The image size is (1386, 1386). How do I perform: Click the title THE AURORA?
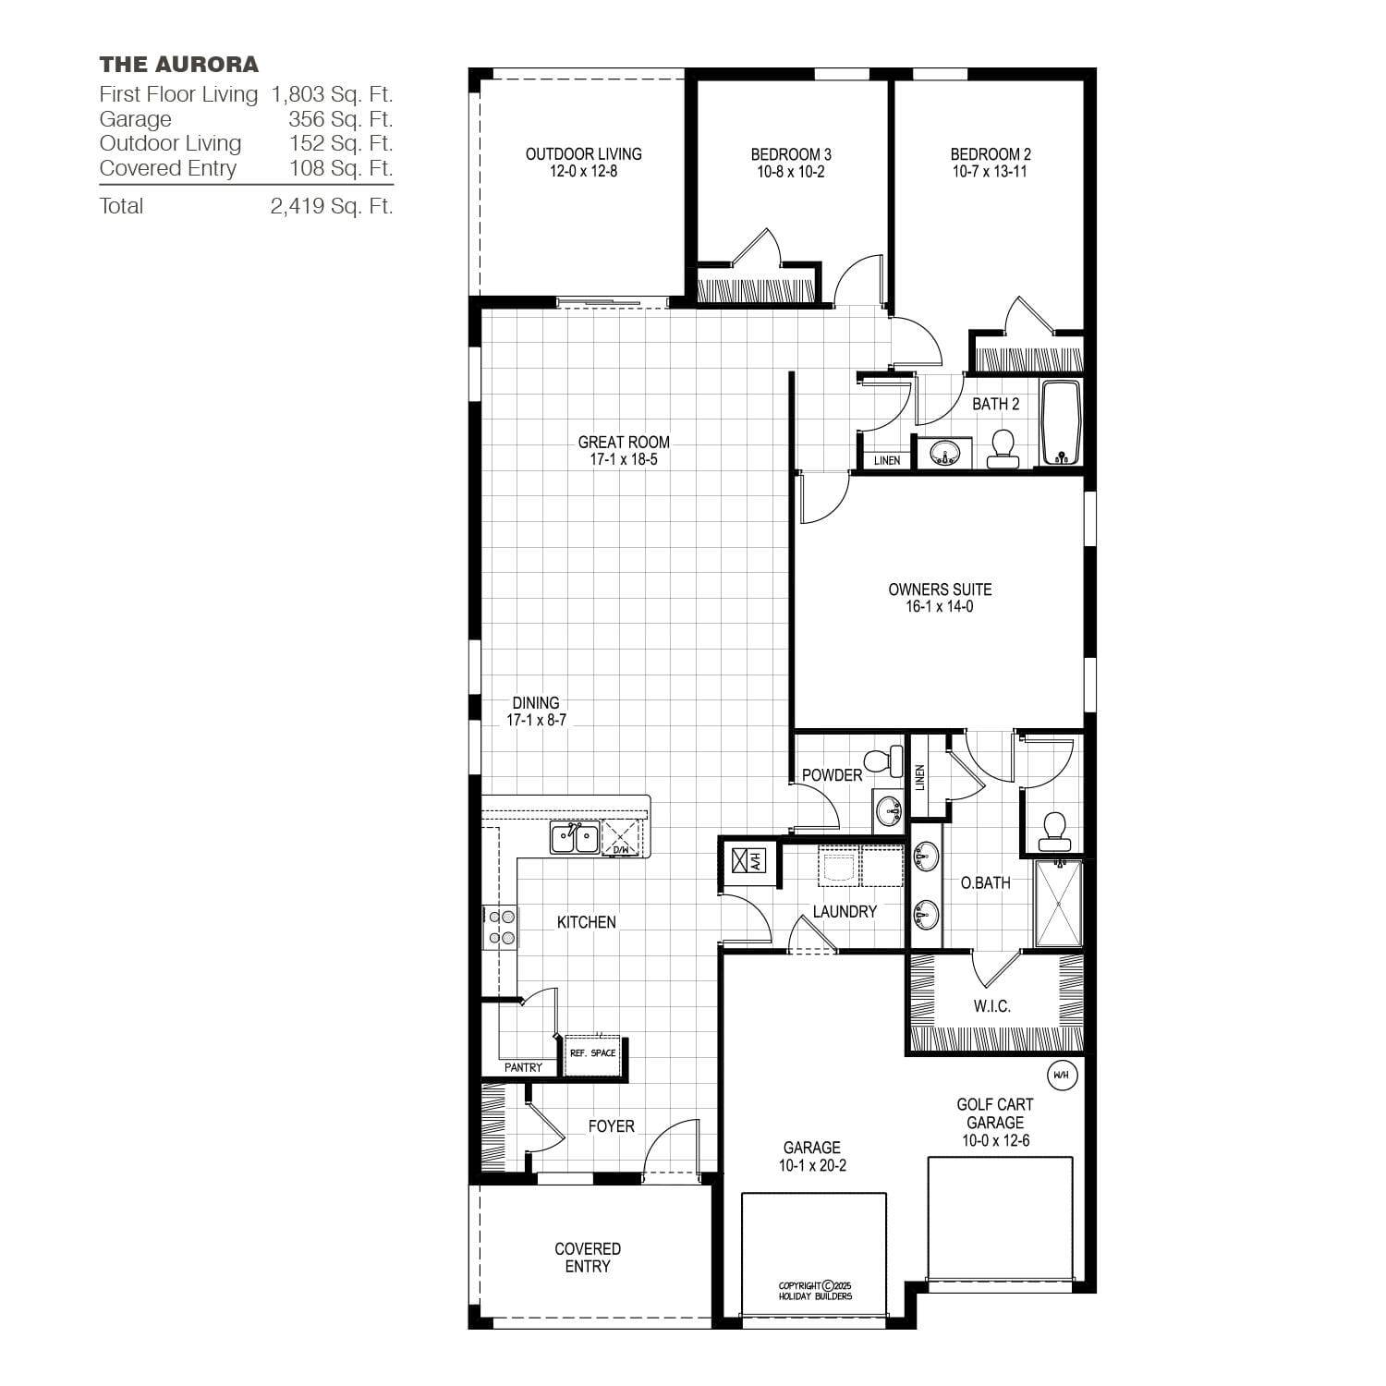tap(179, 65)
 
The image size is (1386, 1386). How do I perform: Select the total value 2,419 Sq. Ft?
tap(332, 206)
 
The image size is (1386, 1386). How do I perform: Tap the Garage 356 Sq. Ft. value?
tap(340, 119)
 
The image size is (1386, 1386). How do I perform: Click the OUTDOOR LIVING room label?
tap(584, 154)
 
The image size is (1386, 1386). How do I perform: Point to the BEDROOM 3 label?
tap(791, 154)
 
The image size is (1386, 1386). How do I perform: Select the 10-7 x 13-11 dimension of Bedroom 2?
tap(991, 172)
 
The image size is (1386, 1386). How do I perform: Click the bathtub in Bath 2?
tap(1061, 422)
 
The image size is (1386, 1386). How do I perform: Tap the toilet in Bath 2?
tap(1003, 449)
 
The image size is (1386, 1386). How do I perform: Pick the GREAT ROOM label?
tap(624, 443)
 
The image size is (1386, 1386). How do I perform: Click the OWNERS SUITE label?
tap(940, 590)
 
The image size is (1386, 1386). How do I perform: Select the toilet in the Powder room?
tap(884, 760)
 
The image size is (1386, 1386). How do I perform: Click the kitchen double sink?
tap(575, 837)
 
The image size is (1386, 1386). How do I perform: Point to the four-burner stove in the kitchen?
tap(502, 928)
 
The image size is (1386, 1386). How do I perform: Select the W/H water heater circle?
tap(1061, 1075)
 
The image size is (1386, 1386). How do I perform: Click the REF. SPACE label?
tap(592, 1053)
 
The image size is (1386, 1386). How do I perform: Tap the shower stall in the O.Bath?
tap(1058, 903)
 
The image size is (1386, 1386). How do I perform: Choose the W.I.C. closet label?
tap(991, 1006)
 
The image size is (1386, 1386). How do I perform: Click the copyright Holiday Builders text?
tap(815, 1291)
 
